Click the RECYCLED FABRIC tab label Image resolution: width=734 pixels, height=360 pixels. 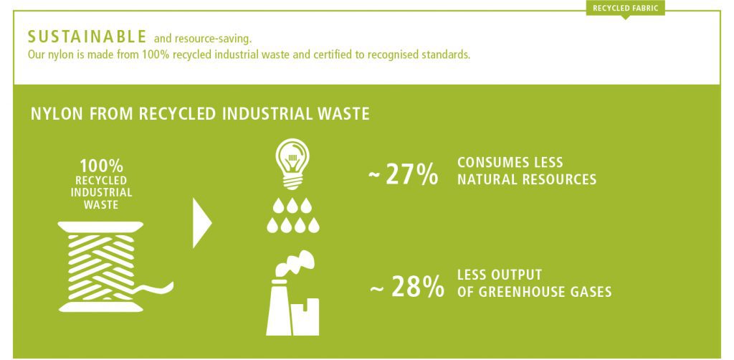coord(625,8)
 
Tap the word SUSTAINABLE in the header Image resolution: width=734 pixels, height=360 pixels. coord(87,37)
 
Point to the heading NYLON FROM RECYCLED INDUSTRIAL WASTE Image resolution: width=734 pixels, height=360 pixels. coord(200,114)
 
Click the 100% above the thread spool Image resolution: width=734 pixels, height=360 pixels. coord(101,166)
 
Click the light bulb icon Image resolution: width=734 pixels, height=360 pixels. coord(292,164)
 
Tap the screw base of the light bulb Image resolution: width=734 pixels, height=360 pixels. coord(292,182)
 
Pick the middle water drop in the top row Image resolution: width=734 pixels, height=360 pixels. coord(292,206)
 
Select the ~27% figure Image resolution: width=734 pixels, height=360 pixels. coord(403,174)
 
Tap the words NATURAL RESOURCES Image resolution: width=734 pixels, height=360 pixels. coord(527,179)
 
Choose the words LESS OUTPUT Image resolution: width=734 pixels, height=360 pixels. coord(500,275)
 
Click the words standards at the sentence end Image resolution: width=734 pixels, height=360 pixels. coord(447,55)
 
